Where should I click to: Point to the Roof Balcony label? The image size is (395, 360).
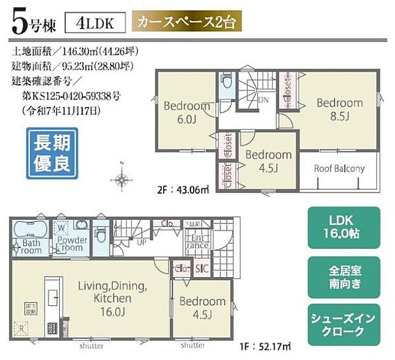pos(339,169)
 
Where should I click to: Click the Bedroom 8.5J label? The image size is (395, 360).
pos(340,108)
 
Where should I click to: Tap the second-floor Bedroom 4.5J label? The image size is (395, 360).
pos(268,161)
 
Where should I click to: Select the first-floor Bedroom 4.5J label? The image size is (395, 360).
pos(202,308)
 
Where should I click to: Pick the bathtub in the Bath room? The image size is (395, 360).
pos(28,229)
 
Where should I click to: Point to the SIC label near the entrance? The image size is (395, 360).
pos(202,269)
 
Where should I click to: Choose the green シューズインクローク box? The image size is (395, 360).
pos(345,325)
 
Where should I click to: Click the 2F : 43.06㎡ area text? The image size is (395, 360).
pos(182,189)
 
